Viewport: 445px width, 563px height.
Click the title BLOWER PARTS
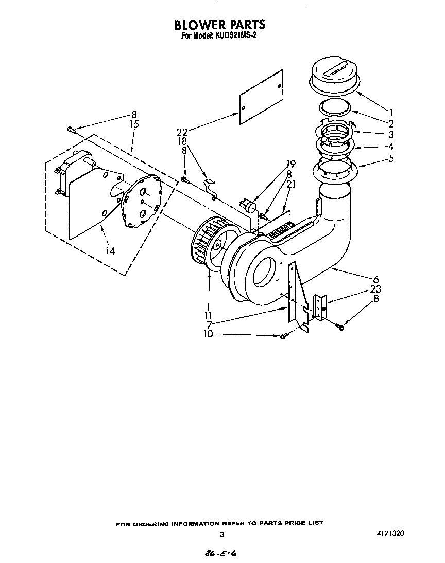pyautogui.click(x=220, y=24)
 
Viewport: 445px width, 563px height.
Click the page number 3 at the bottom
pyautogui.click(x=222, y=534)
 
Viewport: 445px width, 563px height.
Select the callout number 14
pyautogui.click(x=110, y=250)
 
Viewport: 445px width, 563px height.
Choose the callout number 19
pyautogui.click(x=290, y=165)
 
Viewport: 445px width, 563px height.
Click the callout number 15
pyautogui.click(x=134, y=124)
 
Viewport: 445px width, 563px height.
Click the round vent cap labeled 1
pyautogui.click(x=335, y=77)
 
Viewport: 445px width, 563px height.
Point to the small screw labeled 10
pyautogui.click(x=284, y=336)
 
